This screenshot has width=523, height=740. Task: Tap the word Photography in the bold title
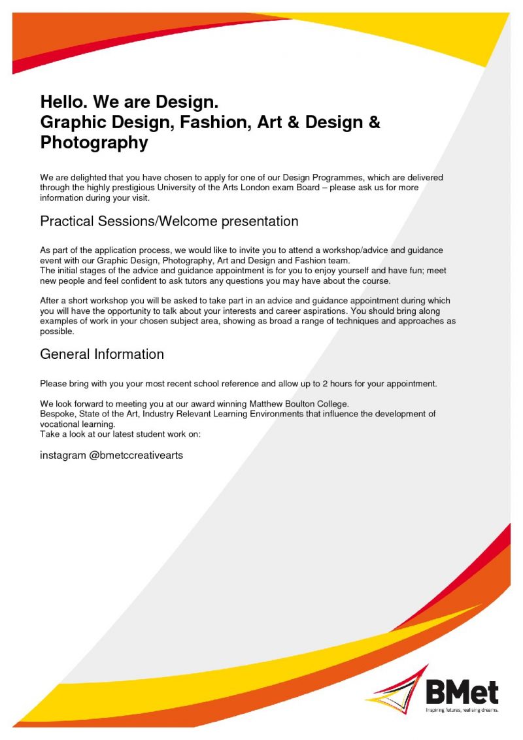tap(94, 143)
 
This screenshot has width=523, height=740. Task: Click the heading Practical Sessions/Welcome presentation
tap(169, 221)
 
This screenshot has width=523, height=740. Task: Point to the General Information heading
tap(102, 354)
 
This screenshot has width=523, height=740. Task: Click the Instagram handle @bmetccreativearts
tap(136, 456)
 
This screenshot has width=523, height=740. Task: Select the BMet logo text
tap(462, 692)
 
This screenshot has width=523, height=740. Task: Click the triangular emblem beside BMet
tap(397, 688)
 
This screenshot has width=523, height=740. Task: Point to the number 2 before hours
tap(325, 384)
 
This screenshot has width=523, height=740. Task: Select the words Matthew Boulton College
tap(299, 404)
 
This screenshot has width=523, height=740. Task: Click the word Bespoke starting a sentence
tap(57, 414)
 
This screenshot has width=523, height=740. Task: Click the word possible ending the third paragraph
tap(57, 331)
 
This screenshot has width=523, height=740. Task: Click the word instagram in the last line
tap(63, 456)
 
